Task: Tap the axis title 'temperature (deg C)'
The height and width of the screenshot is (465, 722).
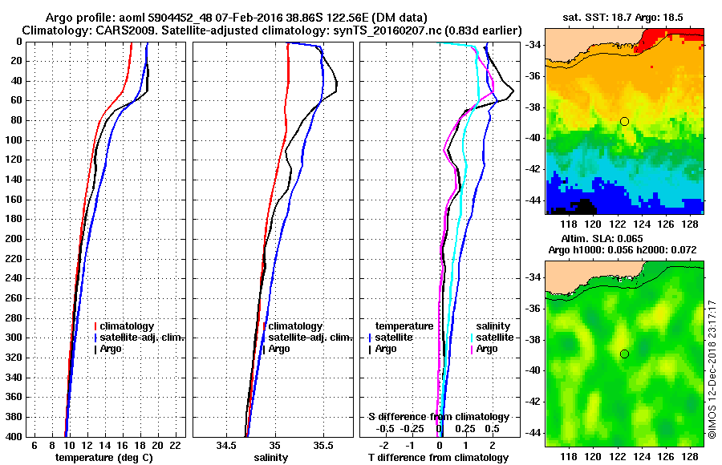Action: pos(103,457)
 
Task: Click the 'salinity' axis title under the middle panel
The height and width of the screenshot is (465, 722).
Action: pos(270,457)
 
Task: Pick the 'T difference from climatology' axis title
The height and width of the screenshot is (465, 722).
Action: pos(438,457)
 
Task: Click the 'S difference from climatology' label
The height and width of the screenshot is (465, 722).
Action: pos(438,417)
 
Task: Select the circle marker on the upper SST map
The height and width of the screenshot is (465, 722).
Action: pos(624,121)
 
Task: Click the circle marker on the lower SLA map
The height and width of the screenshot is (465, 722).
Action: pos(624,354)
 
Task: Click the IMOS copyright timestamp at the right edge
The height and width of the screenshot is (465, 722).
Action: pos(712,370)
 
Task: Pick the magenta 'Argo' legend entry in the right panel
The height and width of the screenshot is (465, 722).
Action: pos(488,349)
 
